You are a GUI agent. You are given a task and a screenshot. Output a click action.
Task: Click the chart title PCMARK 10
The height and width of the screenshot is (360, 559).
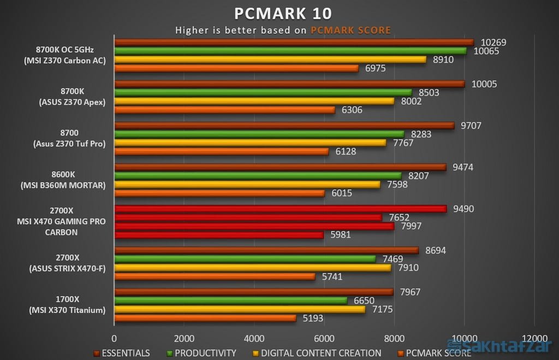pyautogui.click(x=283, y=13)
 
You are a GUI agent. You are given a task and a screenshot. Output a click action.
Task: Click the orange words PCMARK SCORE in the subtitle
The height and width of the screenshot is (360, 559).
pyautogui.click(x=350, y=31)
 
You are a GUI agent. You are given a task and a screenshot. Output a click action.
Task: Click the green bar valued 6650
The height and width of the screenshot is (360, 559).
pyautogui.click(x=230, y=300)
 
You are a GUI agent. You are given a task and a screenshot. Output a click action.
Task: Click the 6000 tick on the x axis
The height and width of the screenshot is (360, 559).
pyautogui.click(x=324, y=337)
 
